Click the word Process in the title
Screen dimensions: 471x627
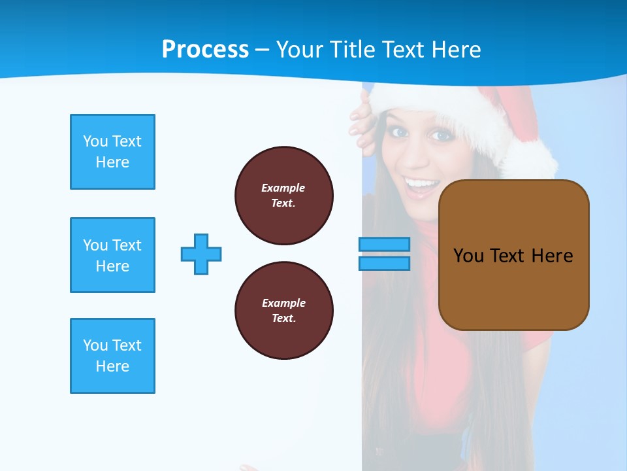pos(205,49)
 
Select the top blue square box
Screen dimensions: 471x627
pos(112,152)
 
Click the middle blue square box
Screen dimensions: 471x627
pos(112,255)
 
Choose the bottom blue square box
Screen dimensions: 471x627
pos(112,356)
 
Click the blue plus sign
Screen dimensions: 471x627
pos(201,254)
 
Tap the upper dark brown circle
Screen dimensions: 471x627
pos(283,196)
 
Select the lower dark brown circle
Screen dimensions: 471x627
pos(283,311)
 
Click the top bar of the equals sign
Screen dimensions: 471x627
pos(384,244)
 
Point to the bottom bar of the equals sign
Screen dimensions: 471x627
pos(384,263)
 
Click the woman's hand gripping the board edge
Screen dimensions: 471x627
pos(362,124)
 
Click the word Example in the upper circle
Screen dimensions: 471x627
pos(283,188)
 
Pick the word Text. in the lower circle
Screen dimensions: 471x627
pos(283,319)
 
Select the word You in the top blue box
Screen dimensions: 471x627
pos(95,141)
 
